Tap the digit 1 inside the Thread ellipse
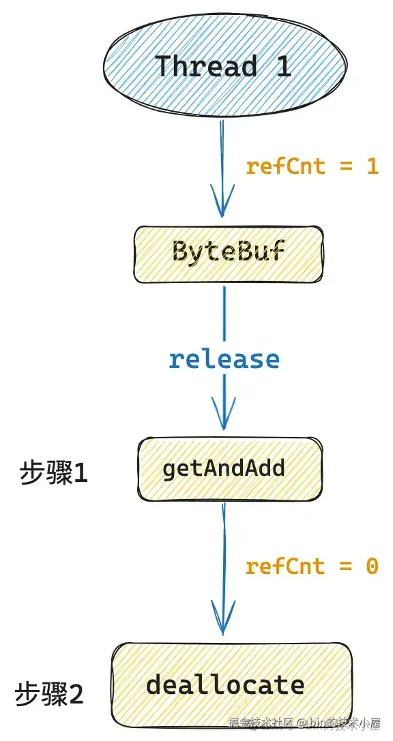point(282,67)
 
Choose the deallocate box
point(231,684)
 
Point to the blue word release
point(224,359)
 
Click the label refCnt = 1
point(312,166)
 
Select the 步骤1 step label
point(53,473)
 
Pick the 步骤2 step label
point(49,695)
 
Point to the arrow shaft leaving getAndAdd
point(224,545)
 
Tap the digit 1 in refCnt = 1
point(373,166)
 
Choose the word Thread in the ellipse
point(206,67)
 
